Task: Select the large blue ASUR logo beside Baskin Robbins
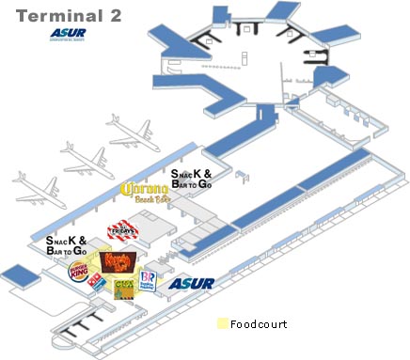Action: click(x=192, y=283)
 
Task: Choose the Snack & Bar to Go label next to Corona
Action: click(x=191, y=180)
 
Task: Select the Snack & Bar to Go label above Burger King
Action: click(x=67, y=245)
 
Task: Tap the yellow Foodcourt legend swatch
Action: click(x=223, y=324)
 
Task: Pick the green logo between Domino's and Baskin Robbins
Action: click(x=124, y=287)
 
